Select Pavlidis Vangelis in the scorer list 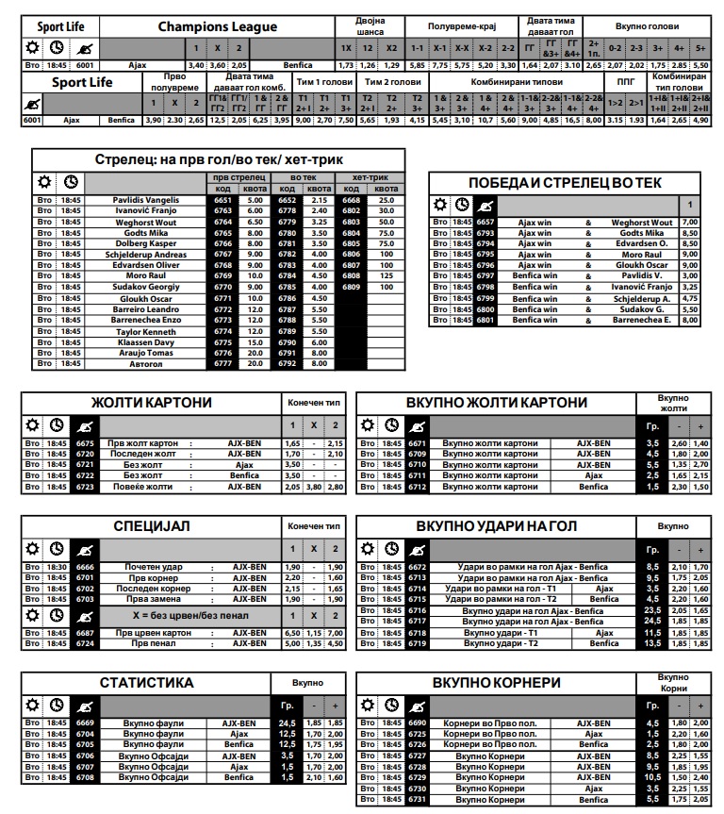click(145, 200)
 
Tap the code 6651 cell click(222, 200)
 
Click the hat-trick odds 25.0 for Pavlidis click(386, 200)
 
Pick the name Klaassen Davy click(145, 342)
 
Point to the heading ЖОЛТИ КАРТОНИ click(151, 403)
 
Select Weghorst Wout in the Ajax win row click(642, 223)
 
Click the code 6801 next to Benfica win click(485, 320)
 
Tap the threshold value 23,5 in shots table click(651, 610)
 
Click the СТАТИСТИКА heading click(147, 682)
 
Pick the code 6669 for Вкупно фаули click(86, 723)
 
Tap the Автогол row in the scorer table click(145, 363)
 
